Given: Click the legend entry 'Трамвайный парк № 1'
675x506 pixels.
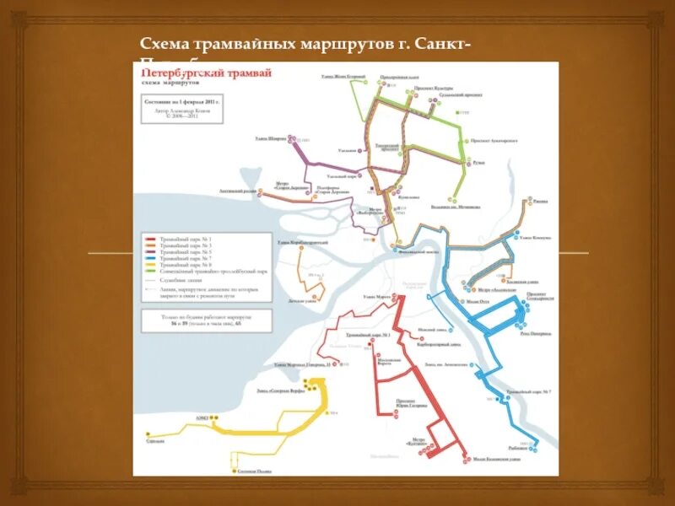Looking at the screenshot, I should (x=170, y=240).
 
